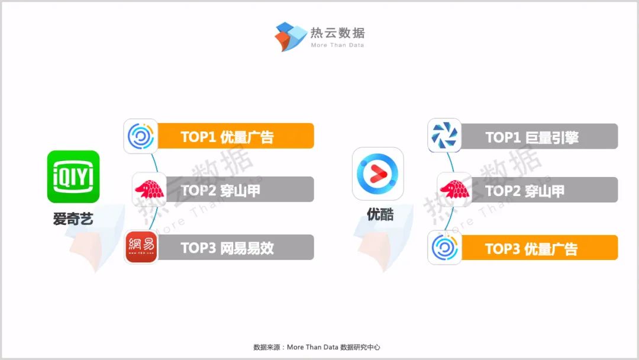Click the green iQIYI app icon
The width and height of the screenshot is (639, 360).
coord(73,176)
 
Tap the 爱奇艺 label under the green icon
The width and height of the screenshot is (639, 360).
coord(73,219)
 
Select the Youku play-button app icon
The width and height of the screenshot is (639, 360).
coord(377,173)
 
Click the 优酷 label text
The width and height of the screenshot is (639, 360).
coord(380,214)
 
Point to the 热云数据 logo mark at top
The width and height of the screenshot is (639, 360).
coord(290,36)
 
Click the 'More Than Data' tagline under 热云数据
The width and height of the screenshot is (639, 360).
coord(337,45)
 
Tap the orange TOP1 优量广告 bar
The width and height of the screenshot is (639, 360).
coord(235,136)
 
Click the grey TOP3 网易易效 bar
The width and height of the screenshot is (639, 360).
coord(235,247)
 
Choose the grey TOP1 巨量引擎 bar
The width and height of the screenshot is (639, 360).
coord(539,136)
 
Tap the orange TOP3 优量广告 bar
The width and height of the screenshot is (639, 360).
coord(539,247)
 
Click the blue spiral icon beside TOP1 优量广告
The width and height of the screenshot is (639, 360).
coord(141,136)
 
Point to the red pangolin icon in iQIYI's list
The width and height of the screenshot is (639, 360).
coord(149,189)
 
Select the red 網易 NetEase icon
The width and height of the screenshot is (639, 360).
coord(141,247)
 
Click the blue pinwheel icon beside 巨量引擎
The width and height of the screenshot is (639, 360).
coord(444,136)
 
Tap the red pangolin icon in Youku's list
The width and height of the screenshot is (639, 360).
coord(454,189)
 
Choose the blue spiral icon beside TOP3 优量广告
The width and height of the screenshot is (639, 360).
coord(444,247)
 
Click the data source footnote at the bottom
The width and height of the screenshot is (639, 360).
coord(317,347)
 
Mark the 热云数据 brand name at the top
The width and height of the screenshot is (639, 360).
coord(337,33)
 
